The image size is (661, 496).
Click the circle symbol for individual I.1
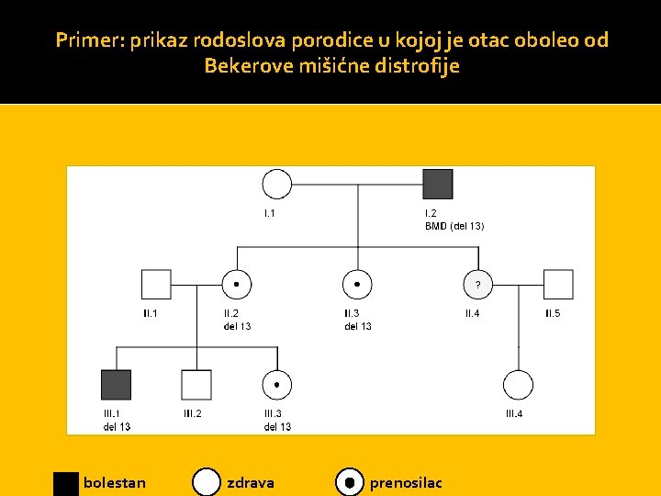click(x=276, y=184)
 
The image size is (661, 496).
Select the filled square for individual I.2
click(x=438, y=184)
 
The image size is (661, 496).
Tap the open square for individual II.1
click(x=156, y=285)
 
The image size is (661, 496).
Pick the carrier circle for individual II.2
click(x=237, y=285)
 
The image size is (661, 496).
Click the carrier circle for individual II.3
click(x=357, y=285)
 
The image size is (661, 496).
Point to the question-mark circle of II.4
click(x=477, y=285)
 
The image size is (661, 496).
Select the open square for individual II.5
click(x=558, y=285)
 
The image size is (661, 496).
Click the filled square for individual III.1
click(x=116, y=385)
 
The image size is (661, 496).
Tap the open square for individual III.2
click(x=196, y=385)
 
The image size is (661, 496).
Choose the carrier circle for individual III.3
click(x=277, y=385)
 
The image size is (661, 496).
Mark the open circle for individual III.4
click(x=518, y=385)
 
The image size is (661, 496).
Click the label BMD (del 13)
click(x=454, y=226)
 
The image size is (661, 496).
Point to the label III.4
click(x=514, y=413)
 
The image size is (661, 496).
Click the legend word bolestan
click(x=114, y=482)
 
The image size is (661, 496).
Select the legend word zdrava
click(x=250, y=482)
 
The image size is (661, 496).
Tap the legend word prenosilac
click(x=405, y=482)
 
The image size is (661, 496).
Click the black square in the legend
click(x=66, y=483)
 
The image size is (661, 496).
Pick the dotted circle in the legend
click(x=349, y=482)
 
